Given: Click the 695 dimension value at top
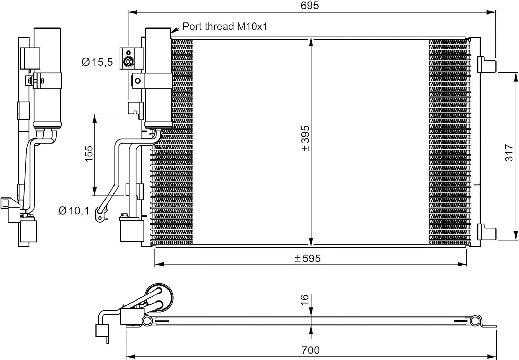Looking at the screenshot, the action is point(310,6).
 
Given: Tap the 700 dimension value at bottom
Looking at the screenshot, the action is point(310,350).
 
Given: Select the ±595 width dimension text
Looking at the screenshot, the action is point(308,258).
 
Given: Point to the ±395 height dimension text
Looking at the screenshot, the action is point(306,138).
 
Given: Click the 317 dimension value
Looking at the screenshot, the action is point(509,153).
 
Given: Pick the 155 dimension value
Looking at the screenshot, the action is point(89,154).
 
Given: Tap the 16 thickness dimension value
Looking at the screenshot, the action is point(305,300).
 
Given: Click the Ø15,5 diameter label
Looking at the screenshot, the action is point(97,62).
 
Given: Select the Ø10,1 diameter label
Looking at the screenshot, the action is point(74,211).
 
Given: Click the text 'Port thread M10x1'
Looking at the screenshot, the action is point(225,26).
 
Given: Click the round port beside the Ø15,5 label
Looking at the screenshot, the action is point(128,62).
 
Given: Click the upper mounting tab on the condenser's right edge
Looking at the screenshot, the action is point(486,64).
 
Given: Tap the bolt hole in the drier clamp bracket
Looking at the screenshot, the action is point(138,81).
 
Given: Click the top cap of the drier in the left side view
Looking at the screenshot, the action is point(47,29).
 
